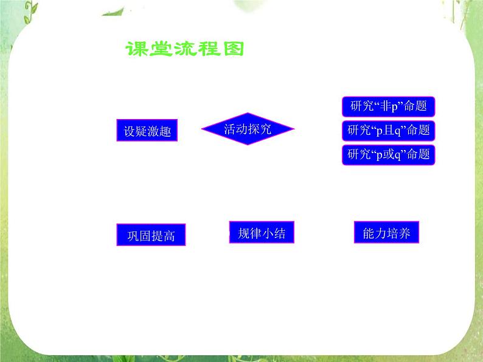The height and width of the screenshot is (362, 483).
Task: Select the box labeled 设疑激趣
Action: click(147, 131)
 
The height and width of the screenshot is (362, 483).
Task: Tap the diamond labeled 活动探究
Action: click(247, 129)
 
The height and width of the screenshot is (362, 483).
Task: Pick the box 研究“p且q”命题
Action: click(389, 130)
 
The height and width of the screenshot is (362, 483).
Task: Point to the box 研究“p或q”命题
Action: click(389, 154)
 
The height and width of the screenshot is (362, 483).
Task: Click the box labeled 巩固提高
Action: click(151, 235)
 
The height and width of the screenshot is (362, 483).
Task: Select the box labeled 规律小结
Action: click(262, 233)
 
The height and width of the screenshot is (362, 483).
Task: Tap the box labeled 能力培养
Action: click(386, 233)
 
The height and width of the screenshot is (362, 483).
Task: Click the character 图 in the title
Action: click(232, 50)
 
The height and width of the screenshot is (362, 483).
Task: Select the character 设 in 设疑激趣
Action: click(129, 132)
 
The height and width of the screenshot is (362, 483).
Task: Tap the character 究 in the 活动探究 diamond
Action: click(265, 129)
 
